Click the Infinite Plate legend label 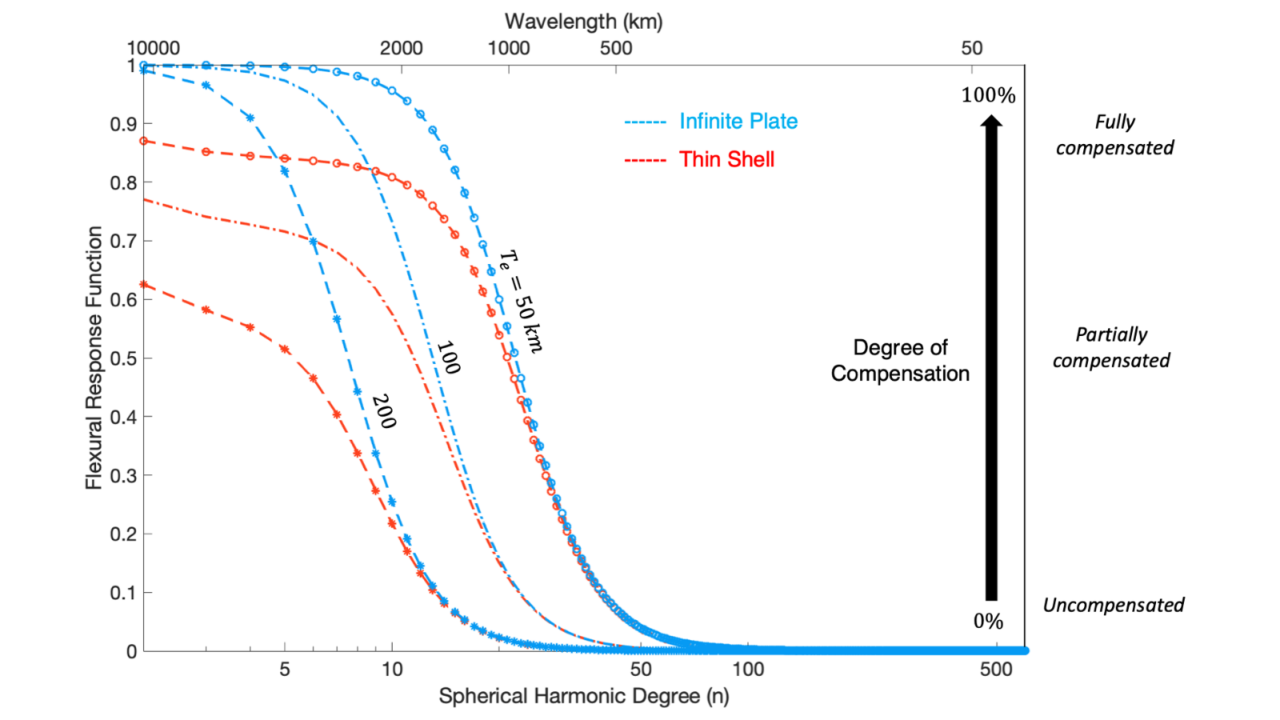pos(738,122)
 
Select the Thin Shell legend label pos(726,159)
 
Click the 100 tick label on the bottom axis pos(748,670)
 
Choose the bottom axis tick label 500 pos(996,670)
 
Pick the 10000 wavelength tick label pos(154,48)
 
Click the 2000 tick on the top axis pos(401,48)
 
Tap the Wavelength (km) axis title pos(583,22)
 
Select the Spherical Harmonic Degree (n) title pos(583,696)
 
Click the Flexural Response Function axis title pos(94,358)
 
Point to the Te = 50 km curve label pos(521,302)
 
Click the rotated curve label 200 pos(383,411)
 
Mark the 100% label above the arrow pos(988,95)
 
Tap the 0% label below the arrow pos(988,621)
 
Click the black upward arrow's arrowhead pos(991,122)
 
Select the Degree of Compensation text pos(900,360)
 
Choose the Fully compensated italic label pos(1114,134)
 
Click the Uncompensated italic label pos(1113,605)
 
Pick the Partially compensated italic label pos(1111,347)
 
